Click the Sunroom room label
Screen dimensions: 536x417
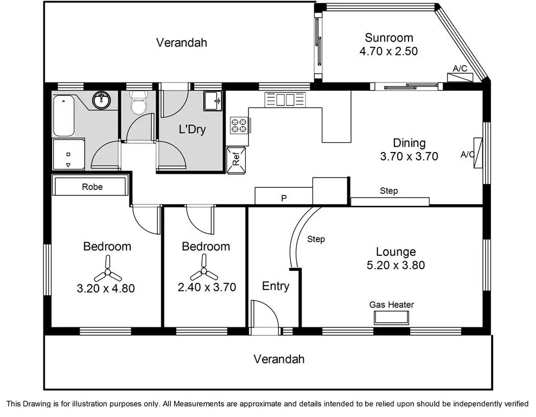(x=388, y=37)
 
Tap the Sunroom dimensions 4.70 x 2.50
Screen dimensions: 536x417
(x=388, y=52)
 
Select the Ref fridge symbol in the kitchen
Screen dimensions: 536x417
(x=236, y=160)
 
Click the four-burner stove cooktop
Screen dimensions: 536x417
(x=239, y=125)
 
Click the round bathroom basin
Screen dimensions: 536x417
(x=101, y=100)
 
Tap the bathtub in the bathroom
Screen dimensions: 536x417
(x=63, y=116)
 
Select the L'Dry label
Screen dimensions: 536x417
(x=192, y=129)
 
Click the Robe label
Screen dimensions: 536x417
(x=92, y=187)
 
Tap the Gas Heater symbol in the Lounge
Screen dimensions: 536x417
(x=391, y=318)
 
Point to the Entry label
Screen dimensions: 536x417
(x=276, y=286)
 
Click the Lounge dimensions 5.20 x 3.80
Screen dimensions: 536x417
(x=396, y=265)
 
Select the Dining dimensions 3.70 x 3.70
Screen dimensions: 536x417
(x=409, y=156)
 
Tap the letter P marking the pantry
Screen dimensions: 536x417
(x=284, y=198)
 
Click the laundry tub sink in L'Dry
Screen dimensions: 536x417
(x=213, y=101)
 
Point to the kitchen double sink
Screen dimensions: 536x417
(x=285, y=99)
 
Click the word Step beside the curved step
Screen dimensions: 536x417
(x=316, y=239)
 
